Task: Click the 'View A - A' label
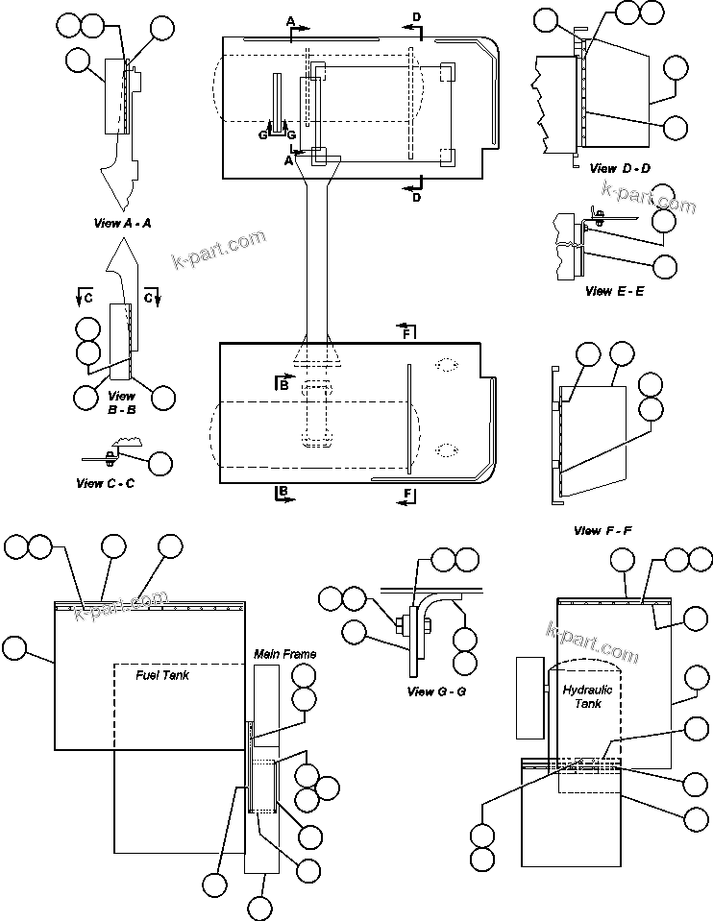pyautogui.click(x=123, y=223)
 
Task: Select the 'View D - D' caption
pyautogui.click(x=620, y=168)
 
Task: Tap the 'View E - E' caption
pyautogui.click(x=614, y=290)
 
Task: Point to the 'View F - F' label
pyautogui.click(x=602, y=530)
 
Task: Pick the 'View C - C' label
pyautogui.click(x=105, y=483)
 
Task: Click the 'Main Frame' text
pyautogui.click(x=284, y=654)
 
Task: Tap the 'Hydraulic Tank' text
pyautogui.click(x=587, y=696)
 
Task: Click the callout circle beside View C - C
pyautogui.click(x=160, y=464)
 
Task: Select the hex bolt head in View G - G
pyautogui.click(x=398, y=628)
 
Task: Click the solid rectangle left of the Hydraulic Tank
pyautogui.click(x=530, y=698)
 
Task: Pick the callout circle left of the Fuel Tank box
pyautogui.click(x=15, y=648)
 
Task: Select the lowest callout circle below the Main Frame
pyautogui.click(x=259, y=907)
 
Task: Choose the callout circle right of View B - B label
pyautogui.click(x=163, y=397)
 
